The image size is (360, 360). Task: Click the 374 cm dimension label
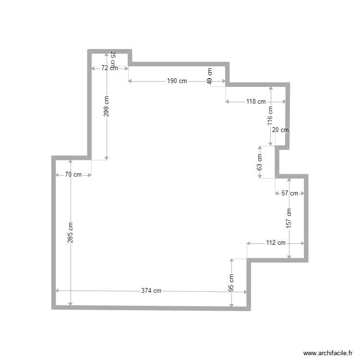(151, 291)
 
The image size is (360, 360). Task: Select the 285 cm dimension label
(71, 232)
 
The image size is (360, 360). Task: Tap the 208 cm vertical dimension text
(107, 107)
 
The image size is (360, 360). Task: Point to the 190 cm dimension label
(177, 81)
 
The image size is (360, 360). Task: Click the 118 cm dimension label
(256, 102)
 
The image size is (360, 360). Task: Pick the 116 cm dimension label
(270, 118)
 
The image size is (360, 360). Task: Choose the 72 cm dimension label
(109, 68)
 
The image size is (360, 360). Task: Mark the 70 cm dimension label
(73, 175)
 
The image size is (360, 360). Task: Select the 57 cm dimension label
(289, 193)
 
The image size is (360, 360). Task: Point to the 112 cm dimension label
(276, 243)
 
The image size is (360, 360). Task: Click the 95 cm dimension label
(231, 283)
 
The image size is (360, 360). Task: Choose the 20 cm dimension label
(280, 130)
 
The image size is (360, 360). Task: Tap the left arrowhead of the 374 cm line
(58, 290)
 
